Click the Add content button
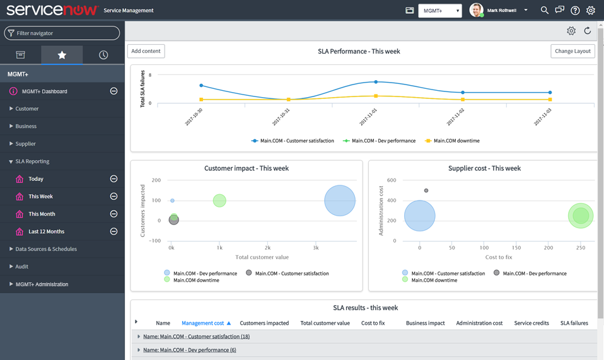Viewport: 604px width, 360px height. [146, 51]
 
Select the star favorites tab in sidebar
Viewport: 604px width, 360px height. [62, 55]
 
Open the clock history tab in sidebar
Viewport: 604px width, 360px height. [103, 55]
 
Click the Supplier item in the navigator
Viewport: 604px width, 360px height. [26, 144]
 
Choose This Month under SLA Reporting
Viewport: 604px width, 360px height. [42, 214]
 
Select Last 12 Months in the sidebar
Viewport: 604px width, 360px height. [46, 231]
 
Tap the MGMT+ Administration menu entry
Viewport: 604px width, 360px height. [42, 284]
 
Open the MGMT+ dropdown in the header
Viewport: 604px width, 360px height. [440, 11]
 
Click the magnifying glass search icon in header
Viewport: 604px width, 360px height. [544, 10]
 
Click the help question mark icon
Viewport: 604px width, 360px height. [575, 10]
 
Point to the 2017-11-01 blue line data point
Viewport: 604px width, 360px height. [376, 82]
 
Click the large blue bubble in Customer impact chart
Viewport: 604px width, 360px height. [340, 200]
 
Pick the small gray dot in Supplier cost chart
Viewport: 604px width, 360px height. [426, 190]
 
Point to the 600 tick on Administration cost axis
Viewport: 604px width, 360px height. [391, 180]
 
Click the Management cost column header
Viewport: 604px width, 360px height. [202, 323]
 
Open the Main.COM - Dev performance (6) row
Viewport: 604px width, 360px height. [189, 350]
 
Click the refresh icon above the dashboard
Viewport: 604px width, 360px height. [587, 31]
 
